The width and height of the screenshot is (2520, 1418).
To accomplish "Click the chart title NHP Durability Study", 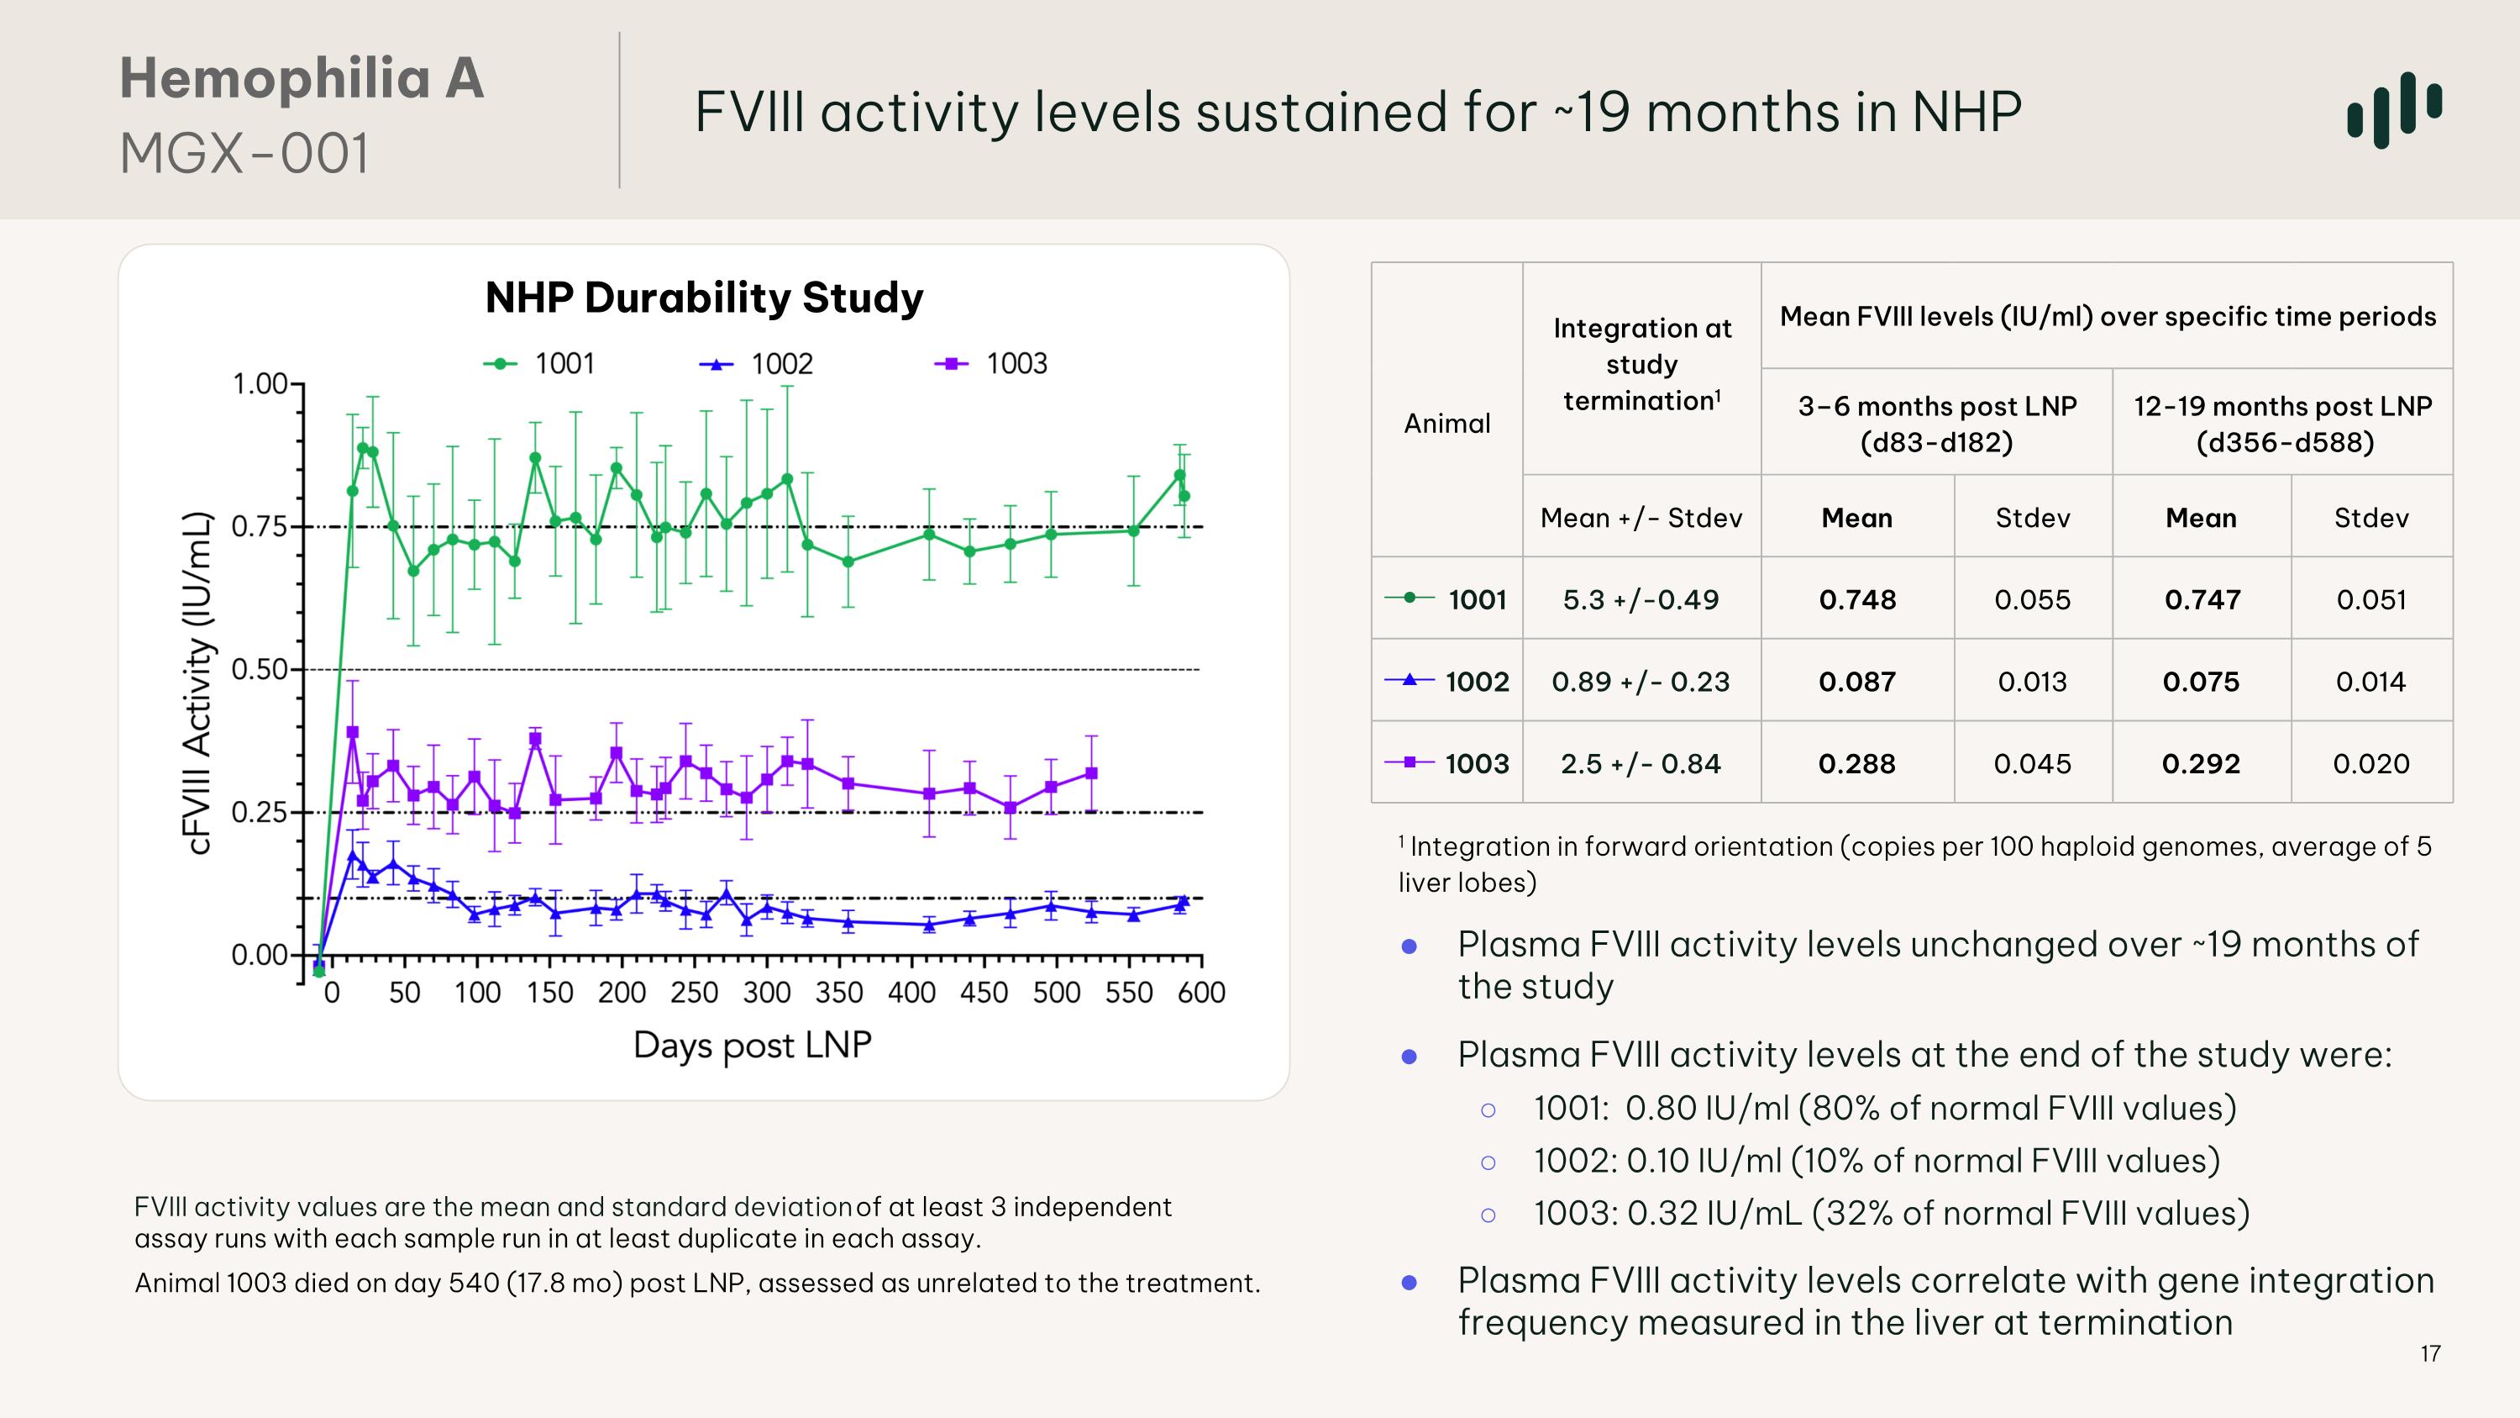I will click(x=703, y=298).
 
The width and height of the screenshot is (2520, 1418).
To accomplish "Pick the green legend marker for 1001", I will click(x=501, y=364).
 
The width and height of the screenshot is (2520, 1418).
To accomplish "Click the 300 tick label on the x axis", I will click(x=766, y=993).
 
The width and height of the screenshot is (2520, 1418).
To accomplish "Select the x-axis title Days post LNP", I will click(x=751, y=1045).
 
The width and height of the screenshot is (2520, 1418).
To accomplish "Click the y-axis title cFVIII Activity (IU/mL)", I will click(x=197, y=682).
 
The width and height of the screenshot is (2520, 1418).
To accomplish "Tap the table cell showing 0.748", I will click(x=1856, y=599).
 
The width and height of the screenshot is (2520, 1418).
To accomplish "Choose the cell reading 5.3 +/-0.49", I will click(x=1641, y=599).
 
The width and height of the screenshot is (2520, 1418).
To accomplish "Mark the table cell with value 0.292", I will click(x=2200, y=763).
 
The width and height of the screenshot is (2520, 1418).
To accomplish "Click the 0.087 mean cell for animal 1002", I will click(x=1856, y=681).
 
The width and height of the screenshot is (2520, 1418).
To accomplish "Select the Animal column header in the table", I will click(x=1446, y=423).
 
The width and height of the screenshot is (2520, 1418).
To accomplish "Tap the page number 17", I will click(x=2430, y=1353).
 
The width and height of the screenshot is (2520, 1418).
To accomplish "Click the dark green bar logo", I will click(x=2394, y=109).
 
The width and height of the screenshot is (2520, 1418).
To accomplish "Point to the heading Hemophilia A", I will click(x=302, y=78).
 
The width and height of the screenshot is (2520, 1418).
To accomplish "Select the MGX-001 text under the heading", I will click(x=244, y=154).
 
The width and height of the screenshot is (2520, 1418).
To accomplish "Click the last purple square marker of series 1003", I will click(x=1092, y=773).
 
